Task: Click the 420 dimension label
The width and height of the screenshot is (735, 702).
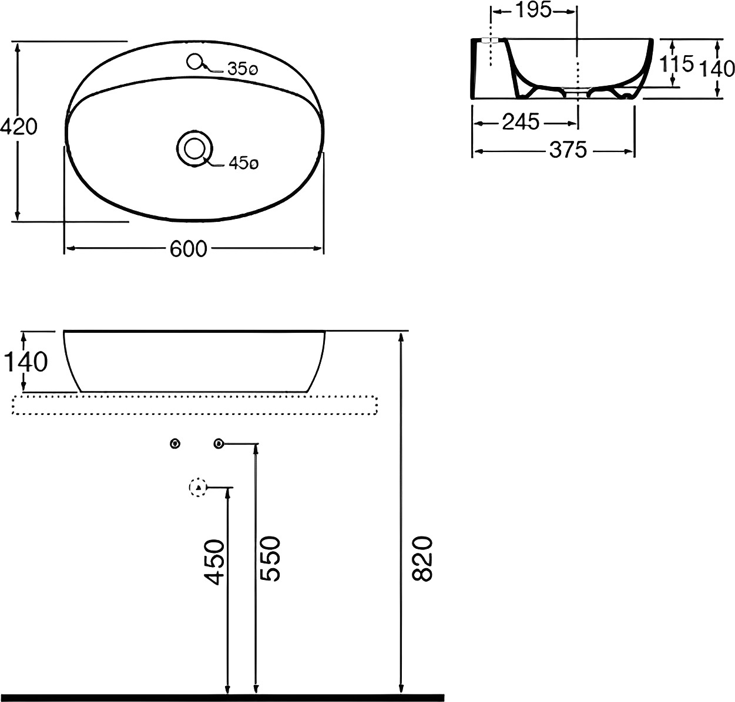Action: coord(19,127)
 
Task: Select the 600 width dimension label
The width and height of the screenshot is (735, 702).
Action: coord(189,249)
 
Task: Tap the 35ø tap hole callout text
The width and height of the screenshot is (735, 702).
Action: coord(243,69)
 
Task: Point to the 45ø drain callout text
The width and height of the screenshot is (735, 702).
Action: coord(244,163)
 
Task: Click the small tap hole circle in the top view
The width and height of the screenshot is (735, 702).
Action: coord(194,62)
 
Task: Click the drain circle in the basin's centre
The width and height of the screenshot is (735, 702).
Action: coord(194,148)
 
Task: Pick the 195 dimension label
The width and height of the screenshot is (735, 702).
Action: coord(533,11)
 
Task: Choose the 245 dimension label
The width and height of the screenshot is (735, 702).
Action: coord(521,123)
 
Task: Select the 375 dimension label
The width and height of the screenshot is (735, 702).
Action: coord(568,150)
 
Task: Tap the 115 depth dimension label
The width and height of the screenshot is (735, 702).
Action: coord(676,63)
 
